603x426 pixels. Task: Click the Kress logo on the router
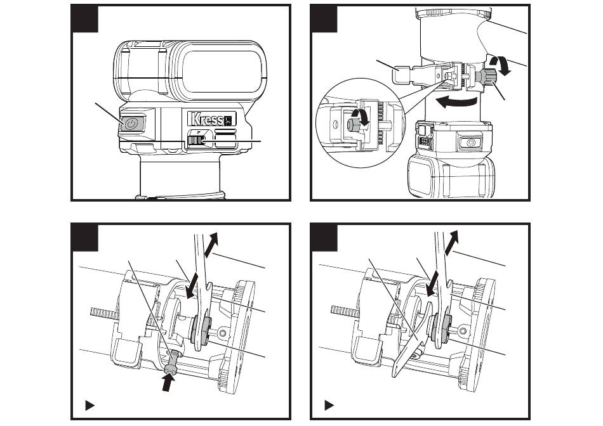tap(211, 119)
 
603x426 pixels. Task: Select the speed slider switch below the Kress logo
tap(195, 141)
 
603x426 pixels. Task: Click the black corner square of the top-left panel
tap(84, 18)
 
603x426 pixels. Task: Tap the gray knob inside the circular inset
tap(353, 125)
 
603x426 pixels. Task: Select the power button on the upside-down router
tap(470, 143)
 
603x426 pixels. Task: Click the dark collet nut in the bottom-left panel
tap(200, 329)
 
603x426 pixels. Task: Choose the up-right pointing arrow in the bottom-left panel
tap(212, 244)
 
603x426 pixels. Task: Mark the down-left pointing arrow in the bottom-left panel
tap(192, 286)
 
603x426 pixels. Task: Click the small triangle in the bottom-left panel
tap(89, 405)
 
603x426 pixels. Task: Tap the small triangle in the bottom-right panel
tap(329, 405)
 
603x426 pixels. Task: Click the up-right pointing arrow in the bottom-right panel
tap(451, 243)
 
